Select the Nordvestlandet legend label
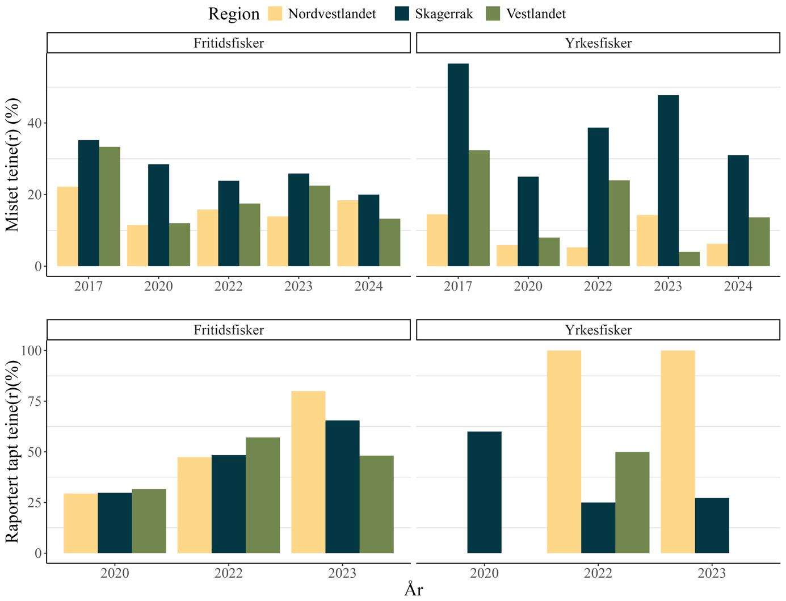coord(332,14)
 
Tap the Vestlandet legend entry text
coord(536,14)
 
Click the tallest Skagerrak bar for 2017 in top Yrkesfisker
coord(458,165)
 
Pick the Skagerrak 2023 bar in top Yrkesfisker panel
coord(668,180)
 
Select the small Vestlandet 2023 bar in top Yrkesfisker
coord(689,259)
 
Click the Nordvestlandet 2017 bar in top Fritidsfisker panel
coord(68,226)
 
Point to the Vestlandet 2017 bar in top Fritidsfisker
coord(110,207)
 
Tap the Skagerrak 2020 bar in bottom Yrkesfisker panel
coord(484,493)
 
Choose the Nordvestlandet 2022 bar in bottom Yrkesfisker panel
coord(564,452)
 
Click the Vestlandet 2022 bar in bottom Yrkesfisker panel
coord(632,502)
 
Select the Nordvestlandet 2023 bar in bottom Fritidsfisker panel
coord(308,472)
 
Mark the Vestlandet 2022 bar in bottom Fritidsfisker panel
coord(263,495)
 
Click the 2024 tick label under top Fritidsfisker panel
coord(369,286)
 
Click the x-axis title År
coord(413,590)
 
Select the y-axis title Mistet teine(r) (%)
coord(12,165)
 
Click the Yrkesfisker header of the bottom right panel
coord(598,330)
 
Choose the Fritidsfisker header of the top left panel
coord(229,43)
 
